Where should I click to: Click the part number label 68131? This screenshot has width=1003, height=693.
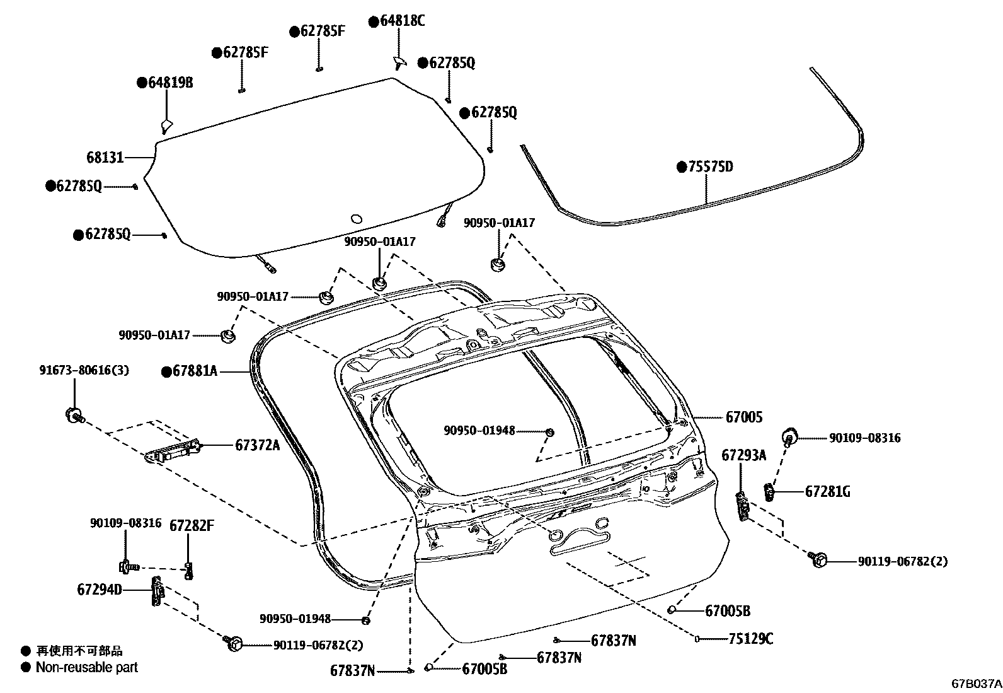(x=105, y=157)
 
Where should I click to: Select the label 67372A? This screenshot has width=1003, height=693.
(x=257, y=445)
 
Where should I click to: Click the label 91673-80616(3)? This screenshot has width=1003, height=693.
(x=84, y=371)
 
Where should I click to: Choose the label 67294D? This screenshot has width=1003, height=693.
(x=100, y=590)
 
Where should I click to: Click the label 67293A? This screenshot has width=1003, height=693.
(x=743, y=455)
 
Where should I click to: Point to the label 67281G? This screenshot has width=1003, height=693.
(x=827, y=491)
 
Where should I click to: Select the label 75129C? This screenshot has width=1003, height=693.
(x=750, y=639)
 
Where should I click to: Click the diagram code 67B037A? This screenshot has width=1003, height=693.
(x=976, y=683)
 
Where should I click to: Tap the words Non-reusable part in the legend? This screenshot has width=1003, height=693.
(x=86, y=667)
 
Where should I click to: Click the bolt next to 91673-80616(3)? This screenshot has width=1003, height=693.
(x=74, y=415)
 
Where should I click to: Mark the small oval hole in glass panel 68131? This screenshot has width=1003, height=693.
(x=356, y=219)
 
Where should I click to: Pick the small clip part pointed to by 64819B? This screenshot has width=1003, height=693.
(x=166, y=124)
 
